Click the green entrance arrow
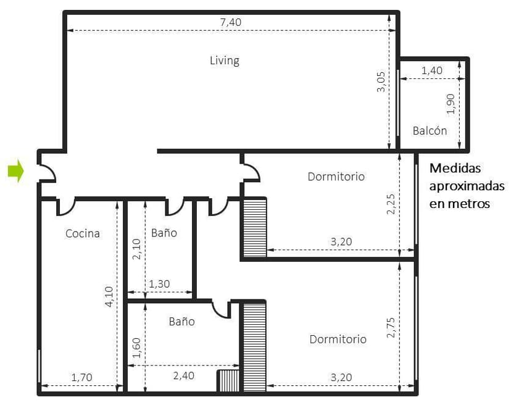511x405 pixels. [16, 170]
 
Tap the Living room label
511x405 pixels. [225, 61]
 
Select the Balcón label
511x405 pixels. [430, 130]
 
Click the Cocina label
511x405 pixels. [83, 233]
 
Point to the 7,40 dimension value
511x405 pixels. [231, 22]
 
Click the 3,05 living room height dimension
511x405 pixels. [381, 82]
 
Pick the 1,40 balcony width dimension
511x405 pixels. [432, 70]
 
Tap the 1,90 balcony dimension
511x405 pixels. [451, 104]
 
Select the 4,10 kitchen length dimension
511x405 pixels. [109, 296]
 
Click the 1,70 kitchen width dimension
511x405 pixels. [82, 377]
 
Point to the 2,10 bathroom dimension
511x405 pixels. [136, 249]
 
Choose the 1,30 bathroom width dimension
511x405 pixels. [159, 284]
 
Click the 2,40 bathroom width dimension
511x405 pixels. [184, 375]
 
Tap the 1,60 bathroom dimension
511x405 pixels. [136, 348]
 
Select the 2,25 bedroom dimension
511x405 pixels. [391, 204]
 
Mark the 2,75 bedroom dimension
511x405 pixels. [391, 327]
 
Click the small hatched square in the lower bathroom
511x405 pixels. [228, 380]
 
